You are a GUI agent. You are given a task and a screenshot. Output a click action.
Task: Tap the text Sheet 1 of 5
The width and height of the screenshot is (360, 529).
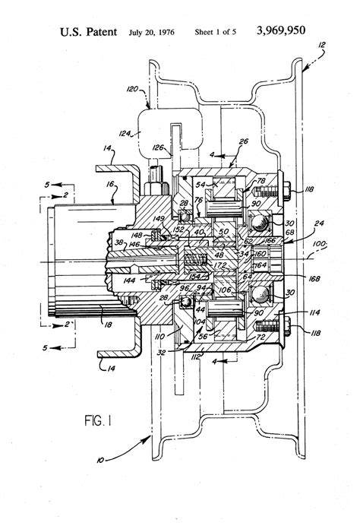215,33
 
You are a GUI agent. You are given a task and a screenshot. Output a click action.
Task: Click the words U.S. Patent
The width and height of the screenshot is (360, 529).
89,33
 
